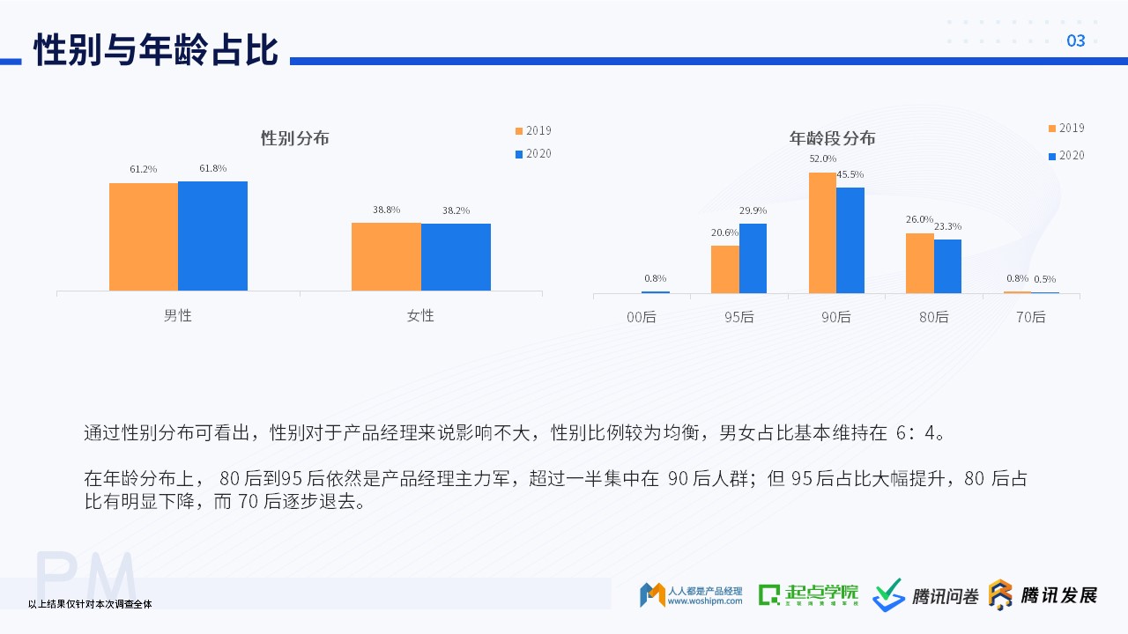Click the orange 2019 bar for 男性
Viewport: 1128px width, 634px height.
[x=144, y=237]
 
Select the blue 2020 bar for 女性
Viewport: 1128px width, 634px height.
[x=456, y=257]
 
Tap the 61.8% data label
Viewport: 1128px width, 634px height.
[x=213, y=168]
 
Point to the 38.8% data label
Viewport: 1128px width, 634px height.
[x=386, y=210]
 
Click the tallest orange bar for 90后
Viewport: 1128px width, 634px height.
[x=822, y=233]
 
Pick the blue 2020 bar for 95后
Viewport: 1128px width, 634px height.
[x=753, y=259]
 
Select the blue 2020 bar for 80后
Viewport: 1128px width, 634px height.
[x=947, y=266]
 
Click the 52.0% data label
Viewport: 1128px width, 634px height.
[x=823, y=158]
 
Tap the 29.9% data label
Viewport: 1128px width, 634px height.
[x=753, y=210]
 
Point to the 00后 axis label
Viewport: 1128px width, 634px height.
[x=642, y=317]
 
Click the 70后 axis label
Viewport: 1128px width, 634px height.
[x=1031, y=317]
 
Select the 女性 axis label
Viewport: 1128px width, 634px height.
[x=420, y=315]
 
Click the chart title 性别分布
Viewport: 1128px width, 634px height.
[x=295, y=138]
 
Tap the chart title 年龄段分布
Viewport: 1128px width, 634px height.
[x=833, y=138]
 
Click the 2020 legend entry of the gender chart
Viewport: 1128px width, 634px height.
[x=533, y=153]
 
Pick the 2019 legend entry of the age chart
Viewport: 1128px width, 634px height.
[x=1066, y=128]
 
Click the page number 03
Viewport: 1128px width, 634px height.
[x=1076, y=41]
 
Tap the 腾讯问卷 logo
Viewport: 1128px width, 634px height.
[x=925, y=595]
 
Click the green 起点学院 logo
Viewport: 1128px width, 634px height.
[x=808, y=595]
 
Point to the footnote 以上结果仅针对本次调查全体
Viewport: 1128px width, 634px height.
[x=90, y=604]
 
